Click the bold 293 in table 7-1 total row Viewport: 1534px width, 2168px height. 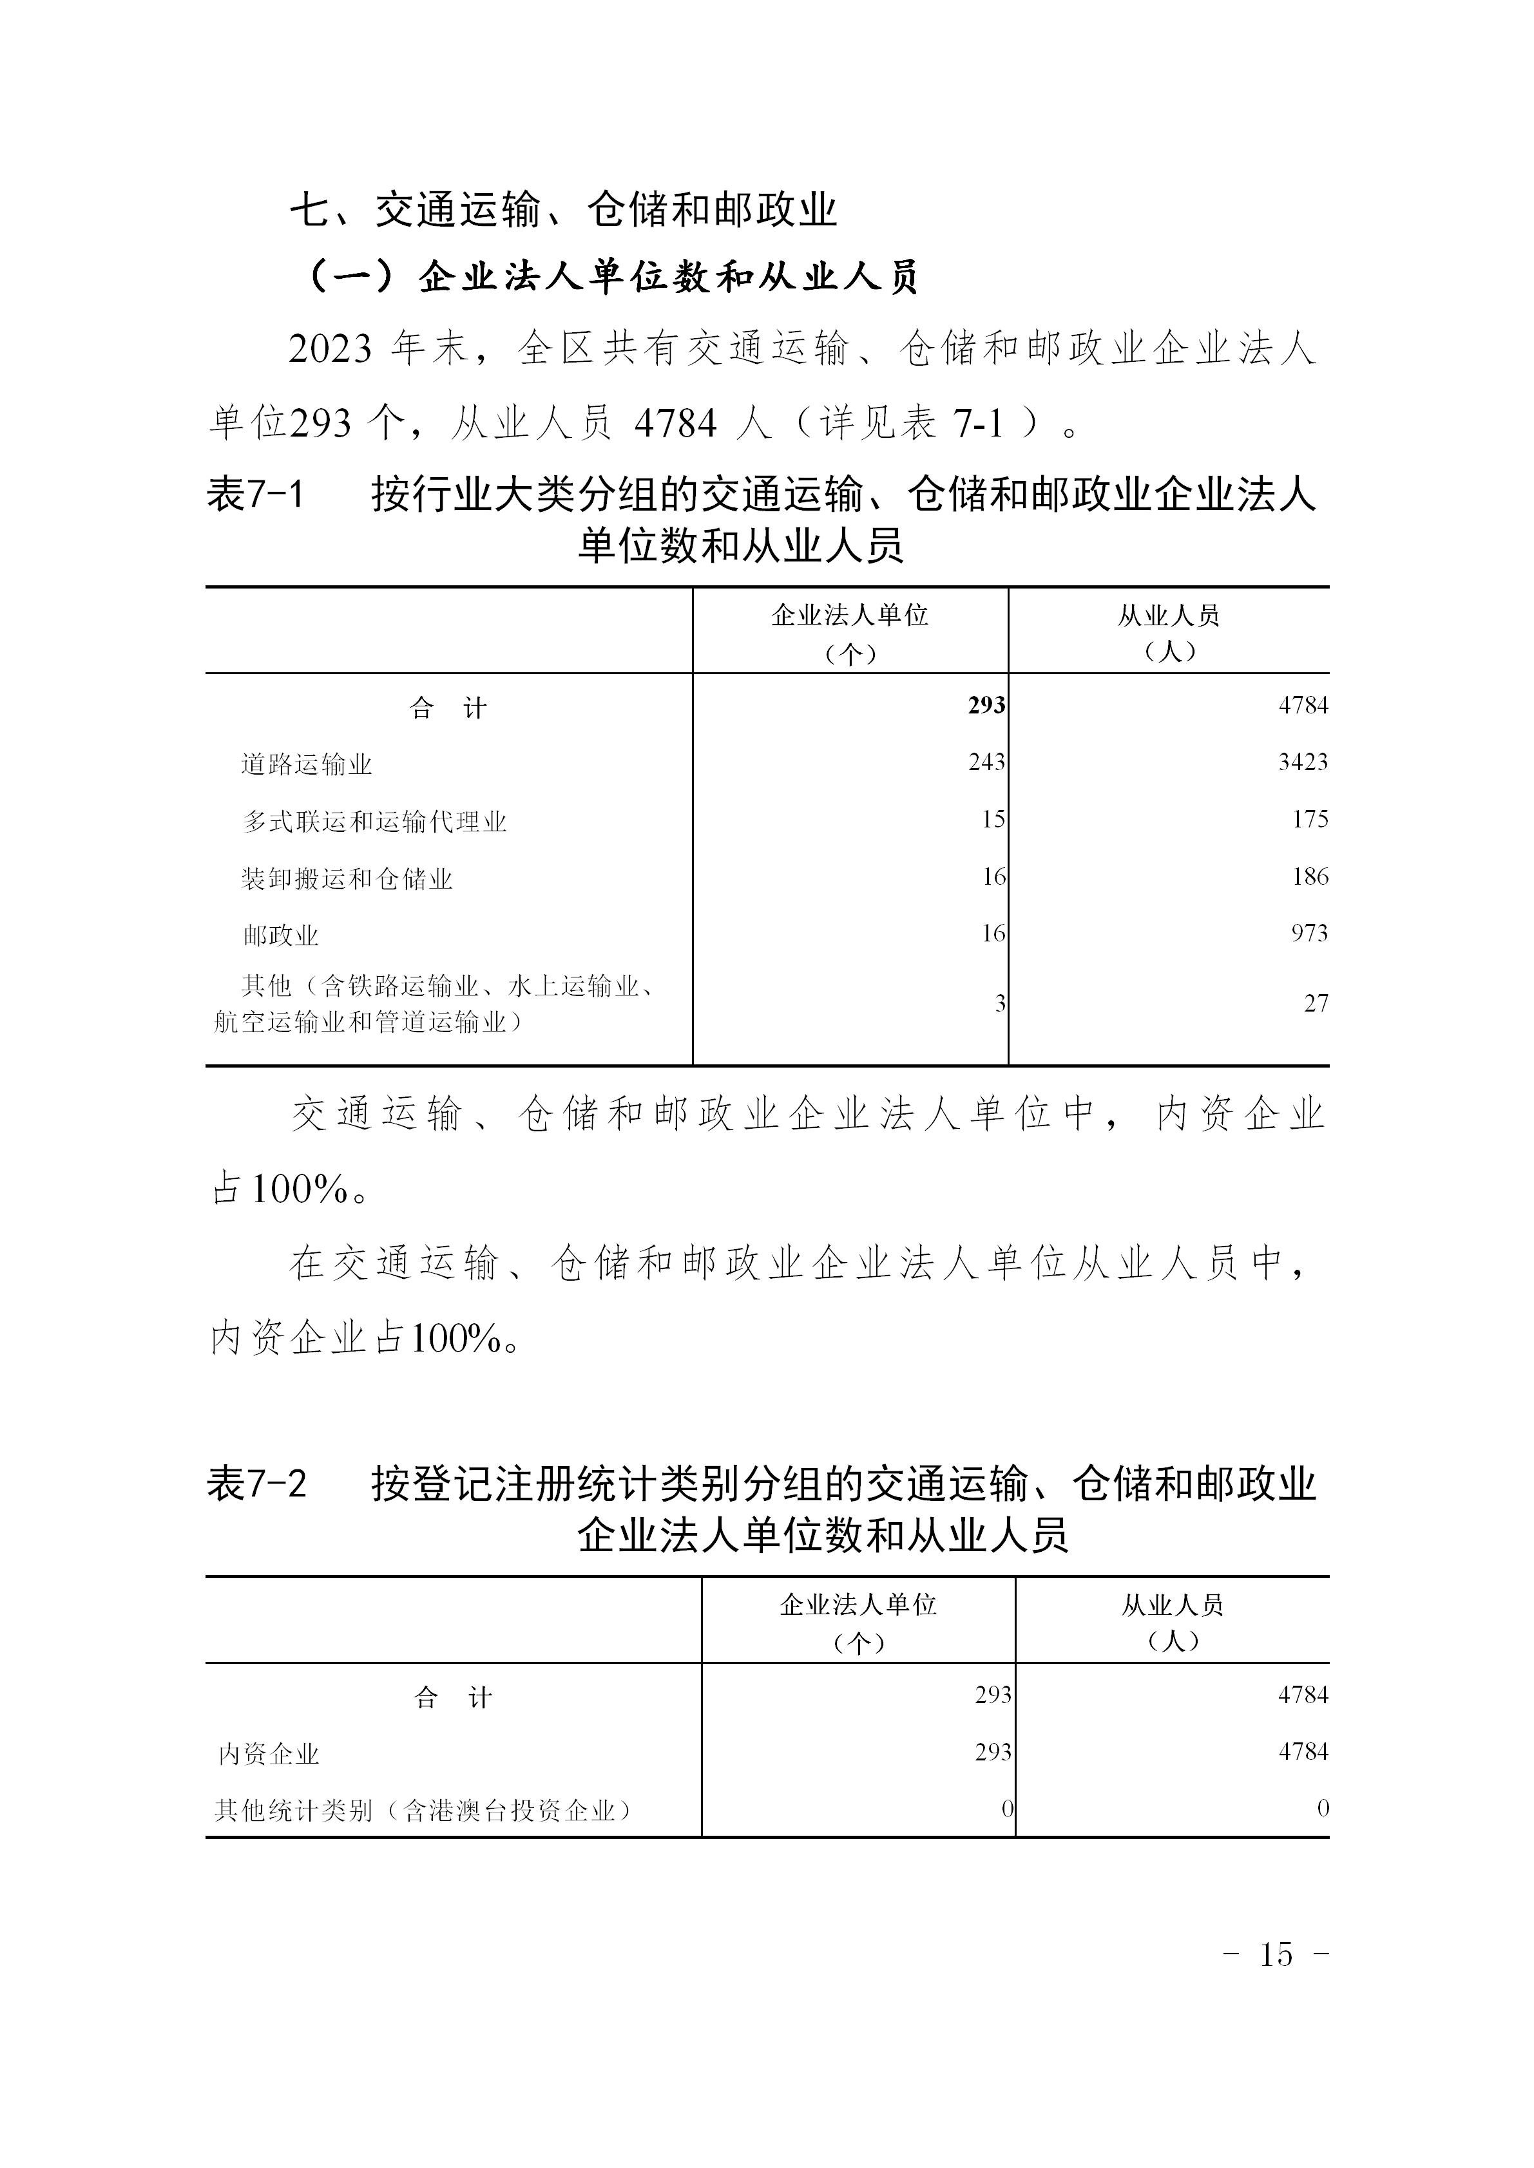pyautogui.click(x=986, y=705)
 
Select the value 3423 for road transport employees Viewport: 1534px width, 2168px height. pyautogui.click(x=1303, y=762)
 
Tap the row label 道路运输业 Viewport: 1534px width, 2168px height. pyautogui.click(x=307, y=764)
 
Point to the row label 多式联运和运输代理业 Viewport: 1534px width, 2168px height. pyautogui.click(x=375, y=822)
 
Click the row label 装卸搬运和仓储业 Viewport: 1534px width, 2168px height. pyautogui.click(x=348, y=879)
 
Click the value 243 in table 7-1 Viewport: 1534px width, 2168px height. pyautogui.click(x=986, y=762)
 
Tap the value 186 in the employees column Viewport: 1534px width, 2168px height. pyautogui.click(x=1310, y=877)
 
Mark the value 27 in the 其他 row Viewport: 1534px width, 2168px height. pyautogui.click(x=1316, y=1004)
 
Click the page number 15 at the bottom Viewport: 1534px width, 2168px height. pyautogui.click(x=1276, y=1954)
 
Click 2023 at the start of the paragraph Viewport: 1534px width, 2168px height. pyautogui.click(x=331, y=350)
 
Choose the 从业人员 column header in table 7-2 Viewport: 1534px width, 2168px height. pyautogui.click(x=1172, y=1605)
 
